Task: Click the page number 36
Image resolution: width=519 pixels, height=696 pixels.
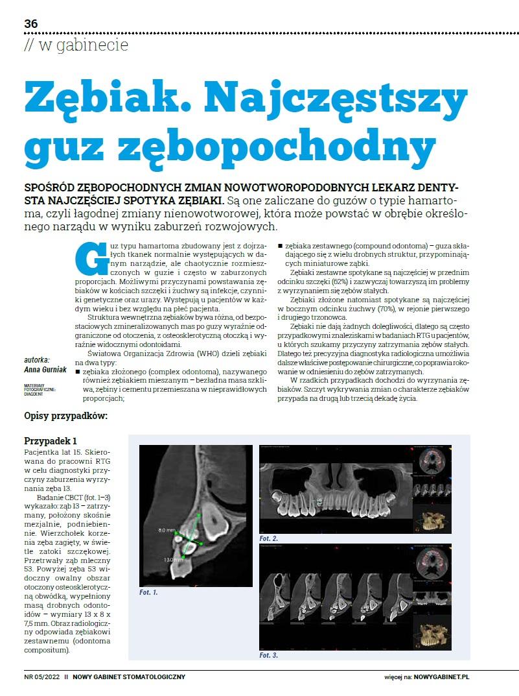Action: tap(31, 24)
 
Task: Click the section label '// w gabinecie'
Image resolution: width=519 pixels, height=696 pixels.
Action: tap(76, 45)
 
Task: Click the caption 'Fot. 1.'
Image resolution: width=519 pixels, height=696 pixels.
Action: tap(148, 592)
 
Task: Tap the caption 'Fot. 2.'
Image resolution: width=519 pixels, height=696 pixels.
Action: tap(268, 538)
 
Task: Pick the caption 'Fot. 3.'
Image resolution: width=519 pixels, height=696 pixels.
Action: tap(268, 655)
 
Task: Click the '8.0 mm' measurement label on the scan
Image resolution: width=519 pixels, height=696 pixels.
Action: tap(167, 530)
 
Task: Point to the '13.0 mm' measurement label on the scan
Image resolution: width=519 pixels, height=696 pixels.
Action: tap(173, 559)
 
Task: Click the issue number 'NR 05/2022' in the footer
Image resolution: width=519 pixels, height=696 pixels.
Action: tap(42, 677)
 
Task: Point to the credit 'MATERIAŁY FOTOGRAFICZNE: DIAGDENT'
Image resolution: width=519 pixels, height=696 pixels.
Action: tap(40, 389)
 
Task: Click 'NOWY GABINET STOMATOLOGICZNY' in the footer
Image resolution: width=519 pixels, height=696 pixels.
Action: tap(129, 677)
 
